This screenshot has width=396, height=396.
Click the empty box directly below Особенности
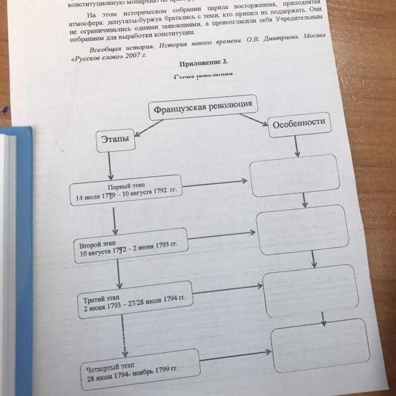click(293, 175)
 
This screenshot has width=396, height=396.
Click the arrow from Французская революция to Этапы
click(149, 127)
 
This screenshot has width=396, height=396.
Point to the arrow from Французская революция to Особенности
click(254, 120)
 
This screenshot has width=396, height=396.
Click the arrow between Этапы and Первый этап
click(110, 167)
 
